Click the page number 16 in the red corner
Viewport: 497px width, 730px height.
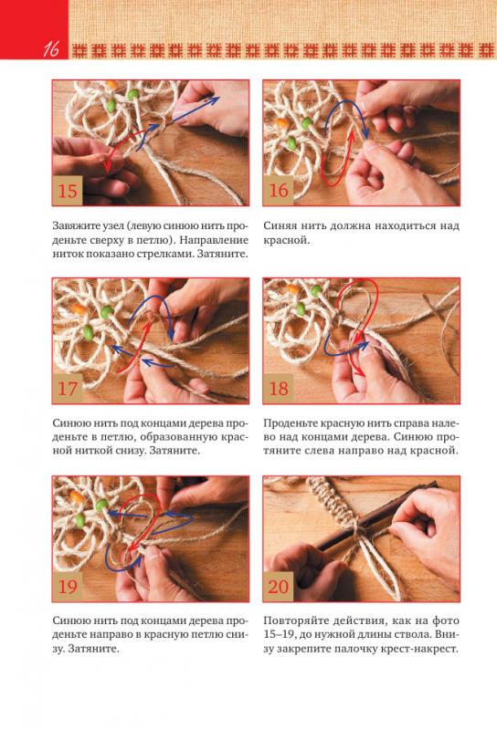[x=51, y=48]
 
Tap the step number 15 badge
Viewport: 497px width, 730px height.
[x=68, y=191]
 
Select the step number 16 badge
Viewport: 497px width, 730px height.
[x=279, y=191]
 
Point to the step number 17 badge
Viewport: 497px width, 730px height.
[x=68, y=389]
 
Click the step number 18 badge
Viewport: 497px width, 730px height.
[x=279, y=389]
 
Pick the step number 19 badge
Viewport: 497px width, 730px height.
[x=68, y=586]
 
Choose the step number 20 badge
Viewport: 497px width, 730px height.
[x=279, y=586]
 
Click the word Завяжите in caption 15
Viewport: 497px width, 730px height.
[x=75, y=226]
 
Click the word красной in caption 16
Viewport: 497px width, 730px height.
[x=286, y=241]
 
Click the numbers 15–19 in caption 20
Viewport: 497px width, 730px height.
[x=279, y=634]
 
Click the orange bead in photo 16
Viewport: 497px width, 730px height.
[x=283, y=123]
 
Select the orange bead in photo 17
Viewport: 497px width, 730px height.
[x=79, y=308]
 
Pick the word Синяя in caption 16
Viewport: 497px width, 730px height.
[x=280, y=226]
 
